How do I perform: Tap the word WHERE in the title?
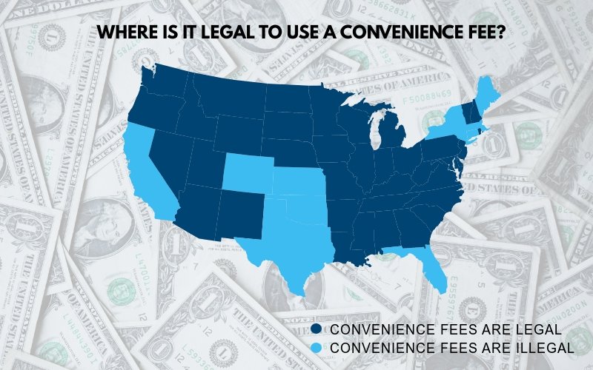124,33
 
